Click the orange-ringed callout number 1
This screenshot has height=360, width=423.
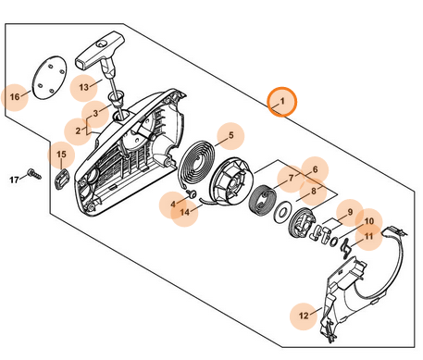pos(282,102)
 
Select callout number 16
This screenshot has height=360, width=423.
pos(15,97)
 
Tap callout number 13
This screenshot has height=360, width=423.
pos(84,88)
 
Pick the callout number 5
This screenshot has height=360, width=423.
pos(230,136)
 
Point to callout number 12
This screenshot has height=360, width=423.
pos(304,316)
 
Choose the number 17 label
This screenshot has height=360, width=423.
pos(15,180)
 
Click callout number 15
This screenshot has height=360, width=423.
pos(61,155)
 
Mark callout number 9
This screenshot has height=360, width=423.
pos(350,212)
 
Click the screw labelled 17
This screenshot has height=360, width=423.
pos(34,174)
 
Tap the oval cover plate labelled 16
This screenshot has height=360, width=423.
pos(49,78)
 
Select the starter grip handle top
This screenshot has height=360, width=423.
pos(99,50)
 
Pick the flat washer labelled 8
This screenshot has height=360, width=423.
pos(281,213)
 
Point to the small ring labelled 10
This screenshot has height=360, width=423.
pos(333,242)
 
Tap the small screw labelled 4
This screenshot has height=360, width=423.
pos(193,193)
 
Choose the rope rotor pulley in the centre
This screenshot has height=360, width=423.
pos(230,184)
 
